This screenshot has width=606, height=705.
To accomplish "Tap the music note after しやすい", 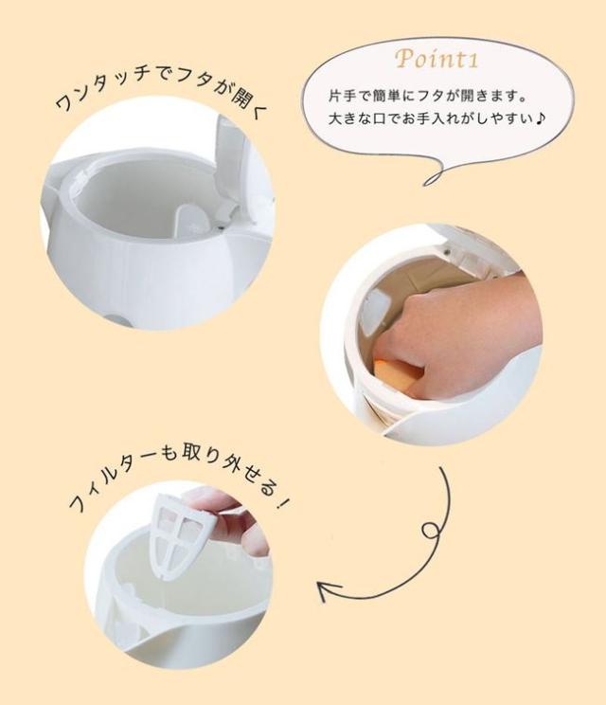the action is (x=541, y=118).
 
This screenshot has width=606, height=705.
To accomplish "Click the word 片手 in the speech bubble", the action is (x=343, y=97).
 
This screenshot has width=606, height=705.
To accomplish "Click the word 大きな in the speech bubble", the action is (x=350, y=118).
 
